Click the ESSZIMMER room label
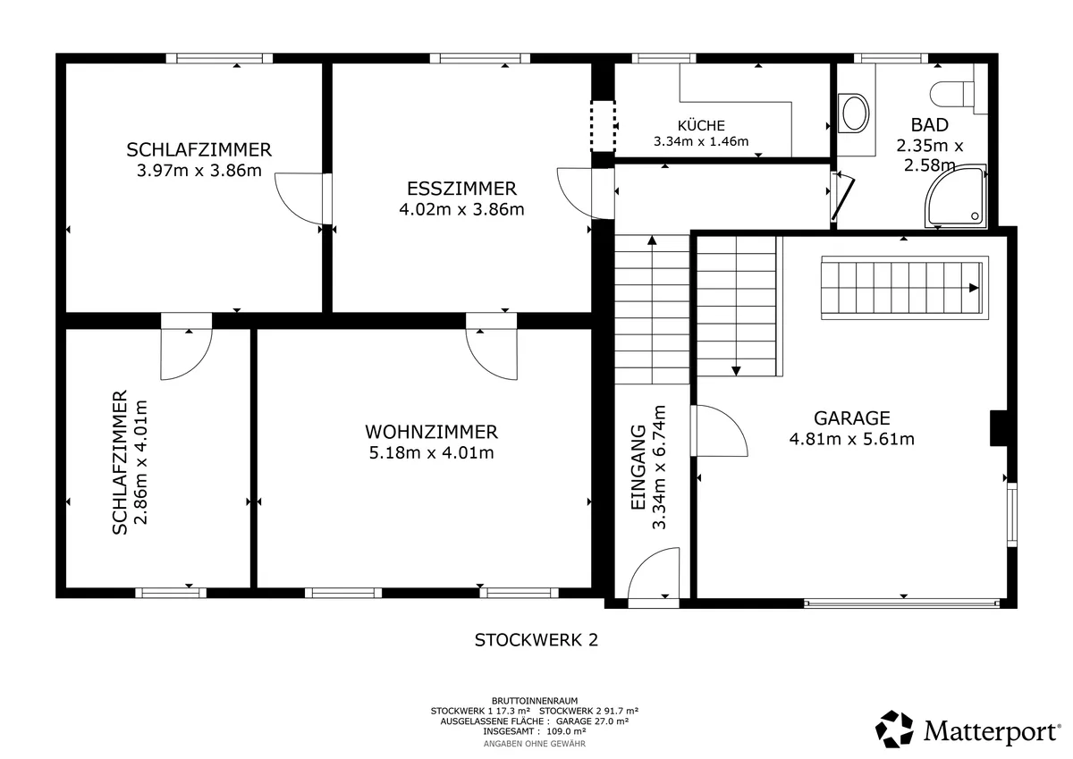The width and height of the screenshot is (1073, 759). click(461, 189)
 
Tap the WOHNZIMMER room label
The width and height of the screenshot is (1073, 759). click(431, 432)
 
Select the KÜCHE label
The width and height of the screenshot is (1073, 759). click(701, 125)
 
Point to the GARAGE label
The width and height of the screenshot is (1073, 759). click(851, 418)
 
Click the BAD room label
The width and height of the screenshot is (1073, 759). click(929, 125)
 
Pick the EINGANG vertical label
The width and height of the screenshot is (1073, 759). click(638, 468)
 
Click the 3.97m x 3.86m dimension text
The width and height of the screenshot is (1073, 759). click(199, 171)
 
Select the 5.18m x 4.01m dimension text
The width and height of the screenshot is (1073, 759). click(431, 452)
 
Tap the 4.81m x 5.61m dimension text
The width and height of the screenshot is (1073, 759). click(851, 439)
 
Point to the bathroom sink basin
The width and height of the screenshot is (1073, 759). click(854, 114)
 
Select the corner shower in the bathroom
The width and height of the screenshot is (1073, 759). click(956, 197)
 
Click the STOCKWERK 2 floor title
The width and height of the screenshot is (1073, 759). click(536, 640)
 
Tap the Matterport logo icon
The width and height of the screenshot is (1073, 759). click(894, 729)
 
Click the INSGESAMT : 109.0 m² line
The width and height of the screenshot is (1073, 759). click(535, 731)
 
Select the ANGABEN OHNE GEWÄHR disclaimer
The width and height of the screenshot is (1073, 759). click(535, 744)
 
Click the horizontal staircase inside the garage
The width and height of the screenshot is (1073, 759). click(904, 288)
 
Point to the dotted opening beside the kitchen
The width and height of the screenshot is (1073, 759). click(603, 126)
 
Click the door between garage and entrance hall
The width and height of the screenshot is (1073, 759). click(719, 431)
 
